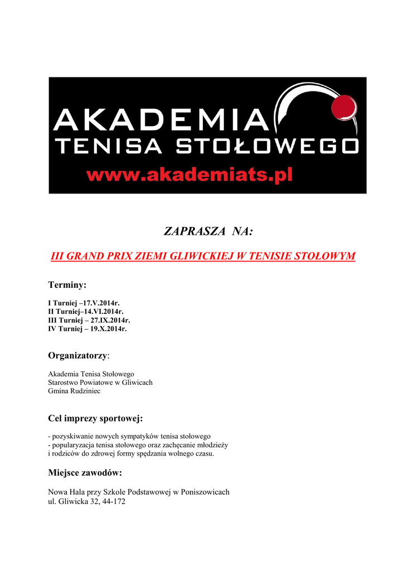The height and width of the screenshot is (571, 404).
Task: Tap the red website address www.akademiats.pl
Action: (x=189, y=175)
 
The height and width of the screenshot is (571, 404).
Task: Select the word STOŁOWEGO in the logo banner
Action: (x=267, y=147)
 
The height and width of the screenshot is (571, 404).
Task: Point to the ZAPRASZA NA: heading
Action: (x=201, y=231)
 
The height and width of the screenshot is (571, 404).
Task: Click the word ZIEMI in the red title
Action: (x=150, y=256)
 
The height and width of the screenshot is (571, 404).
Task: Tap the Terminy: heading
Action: (x=67, y=285)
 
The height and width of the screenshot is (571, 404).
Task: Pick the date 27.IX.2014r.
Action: (x=110, y=320)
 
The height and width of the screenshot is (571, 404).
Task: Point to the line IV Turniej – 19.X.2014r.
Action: (x=87, y=329)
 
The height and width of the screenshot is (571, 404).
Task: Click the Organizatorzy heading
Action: (x=79, y=355)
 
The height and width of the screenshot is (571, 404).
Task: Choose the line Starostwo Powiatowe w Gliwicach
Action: (x=100, y=383)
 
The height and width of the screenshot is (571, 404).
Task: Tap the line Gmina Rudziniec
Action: (x=74, y=391)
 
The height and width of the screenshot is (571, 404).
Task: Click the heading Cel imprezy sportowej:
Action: (x=96, y=418)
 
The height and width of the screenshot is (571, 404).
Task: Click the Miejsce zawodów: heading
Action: (x=85, y=473)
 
